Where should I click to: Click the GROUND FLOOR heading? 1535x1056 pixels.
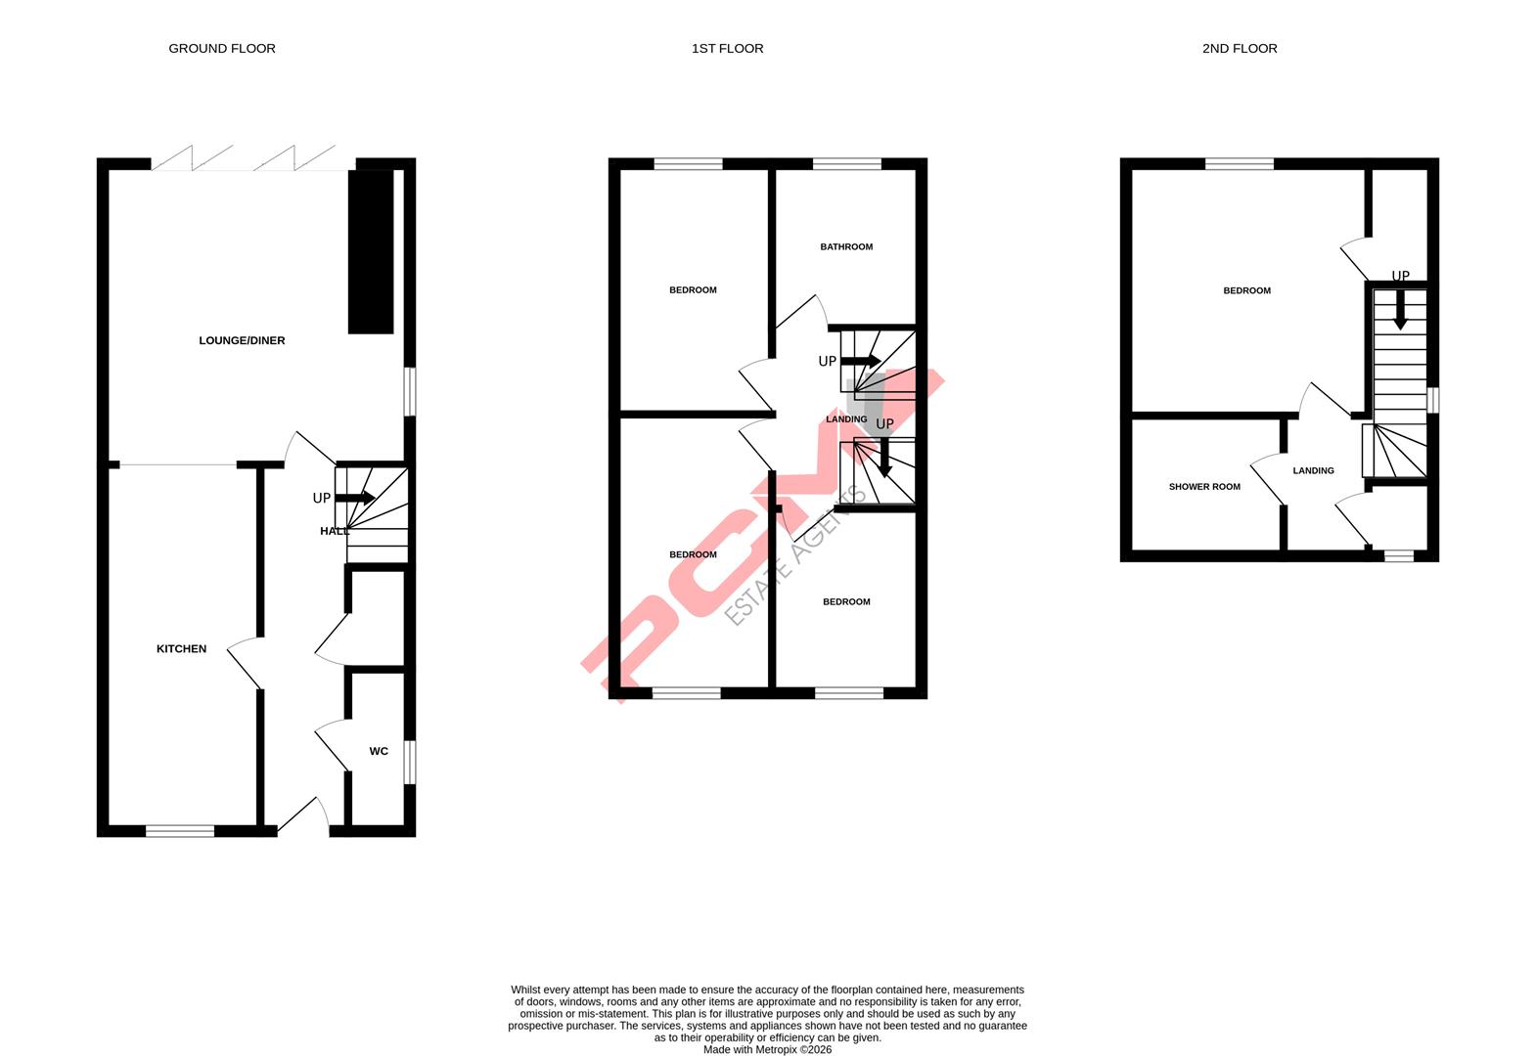222,48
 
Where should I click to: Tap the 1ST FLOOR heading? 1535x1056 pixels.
727,48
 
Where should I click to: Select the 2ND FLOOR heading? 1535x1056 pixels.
1240,48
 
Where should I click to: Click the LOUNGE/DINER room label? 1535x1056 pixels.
242,340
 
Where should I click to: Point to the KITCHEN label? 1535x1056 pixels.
182,648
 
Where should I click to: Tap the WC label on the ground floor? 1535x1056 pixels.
379,751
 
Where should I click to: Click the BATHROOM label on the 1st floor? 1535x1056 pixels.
846,246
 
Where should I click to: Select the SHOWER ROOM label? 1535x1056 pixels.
1204,486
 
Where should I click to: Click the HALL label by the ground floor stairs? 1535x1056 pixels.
334,531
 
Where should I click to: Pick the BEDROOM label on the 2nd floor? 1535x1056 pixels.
1247,290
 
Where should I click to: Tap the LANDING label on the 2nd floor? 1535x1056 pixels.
1313,470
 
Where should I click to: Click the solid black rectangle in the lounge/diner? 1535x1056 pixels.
371,251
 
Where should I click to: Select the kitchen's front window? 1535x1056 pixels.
180,831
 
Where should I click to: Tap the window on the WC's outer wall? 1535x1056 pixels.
411,762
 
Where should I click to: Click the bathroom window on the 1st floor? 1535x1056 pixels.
846,163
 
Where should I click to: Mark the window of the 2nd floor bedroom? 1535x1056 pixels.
1240,163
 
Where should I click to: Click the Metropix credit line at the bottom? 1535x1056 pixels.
767,1050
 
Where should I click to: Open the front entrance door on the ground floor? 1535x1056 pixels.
303,819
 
